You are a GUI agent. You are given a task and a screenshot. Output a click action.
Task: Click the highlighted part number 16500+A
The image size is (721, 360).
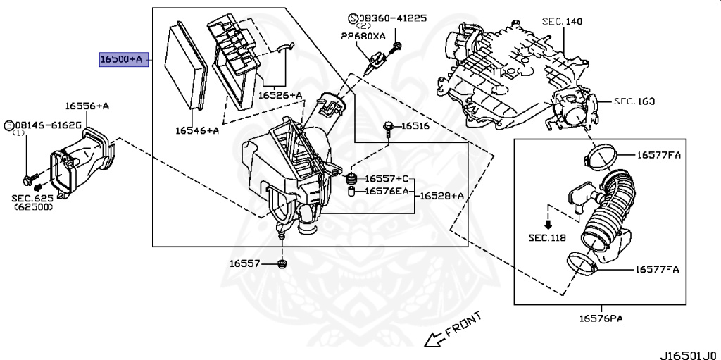click(x=121, y=60)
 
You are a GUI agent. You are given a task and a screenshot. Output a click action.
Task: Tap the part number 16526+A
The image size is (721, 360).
click(x=280, y=94)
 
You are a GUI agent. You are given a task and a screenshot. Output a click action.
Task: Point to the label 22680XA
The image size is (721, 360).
click(x=363, y=36)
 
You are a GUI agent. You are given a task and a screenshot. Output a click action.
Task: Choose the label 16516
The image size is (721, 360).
click(x=415, y=127)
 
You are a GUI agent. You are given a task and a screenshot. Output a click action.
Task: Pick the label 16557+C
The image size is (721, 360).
click(x=387, y=179)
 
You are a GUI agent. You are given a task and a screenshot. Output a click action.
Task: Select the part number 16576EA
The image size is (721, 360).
click(x=387, y=191)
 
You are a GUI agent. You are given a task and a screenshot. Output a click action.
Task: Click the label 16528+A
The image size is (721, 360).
click(x=442, y=196)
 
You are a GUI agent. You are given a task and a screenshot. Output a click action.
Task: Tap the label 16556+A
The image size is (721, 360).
click(x=87, y=106)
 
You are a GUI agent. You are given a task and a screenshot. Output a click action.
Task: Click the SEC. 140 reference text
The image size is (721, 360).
click(x=563, y=22)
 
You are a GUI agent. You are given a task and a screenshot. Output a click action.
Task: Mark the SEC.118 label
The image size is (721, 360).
click(x=547, y=237)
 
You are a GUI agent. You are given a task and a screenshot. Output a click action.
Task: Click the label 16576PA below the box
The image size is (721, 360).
click(x=601, y=318)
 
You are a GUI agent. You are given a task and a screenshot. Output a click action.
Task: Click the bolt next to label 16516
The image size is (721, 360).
click(x=389, y=128)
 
